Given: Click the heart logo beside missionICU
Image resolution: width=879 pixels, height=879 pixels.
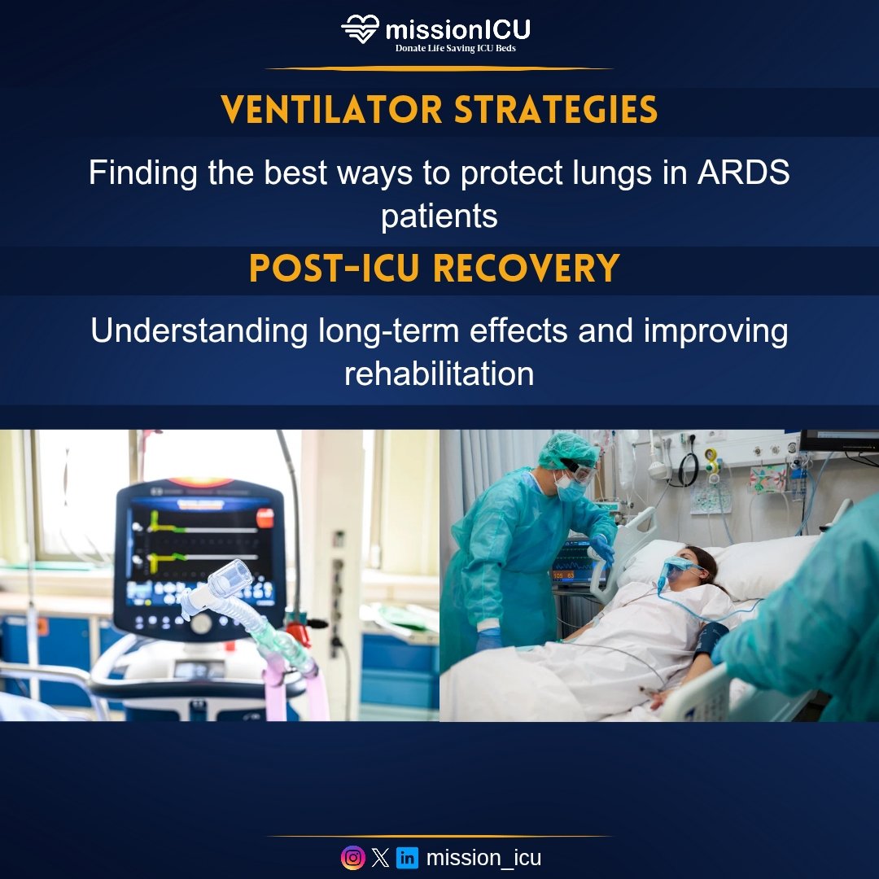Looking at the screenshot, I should click(x=360, y=29).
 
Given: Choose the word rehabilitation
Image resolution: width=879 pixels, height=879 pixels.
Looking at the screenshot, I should click(x=439, y=374).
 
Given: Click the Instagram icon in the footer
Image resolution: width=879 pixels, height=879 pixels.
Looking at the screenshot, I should click(x=352, y=858).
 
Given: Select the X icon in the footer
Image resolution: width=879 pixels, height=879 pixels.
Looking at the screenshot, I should click(x=380, y=858).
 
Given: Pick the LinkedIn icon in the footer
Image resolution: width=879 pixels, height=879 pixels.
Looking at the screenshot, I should click(x=408, y=858).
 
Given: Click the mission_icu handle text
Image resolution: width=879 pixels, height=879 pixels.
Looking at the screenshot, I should click(x=483, y=858).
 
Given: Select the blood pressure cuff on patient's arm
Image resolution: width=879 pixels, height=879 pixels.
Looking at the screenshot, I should click(x=710, y=640).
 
